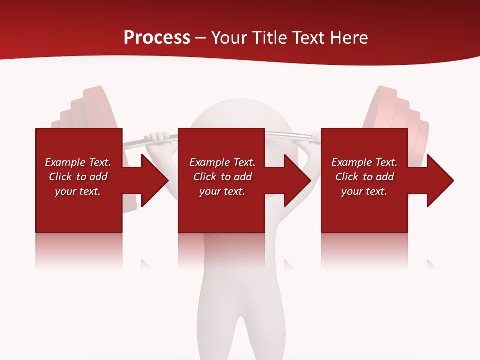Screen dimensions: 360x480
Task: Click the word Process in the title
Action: pyautogui.click(x=157, y=38)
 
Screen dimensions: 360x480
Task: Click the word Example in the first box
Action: pyautogui.click(x=65, y=162)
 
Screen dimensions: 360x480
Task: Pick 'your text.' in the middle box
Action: pyautogui.click(x=222, y=191)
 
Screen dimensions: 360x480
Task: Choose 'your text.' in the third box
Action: pyautogui.click(x=364, y=191)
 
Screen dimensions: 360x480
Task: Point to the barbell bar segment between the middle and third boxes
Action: pyautogui.click(x=290, y=134)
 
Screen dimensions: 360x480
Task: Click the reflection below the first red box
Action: pyautogui.click(x=79, y=250)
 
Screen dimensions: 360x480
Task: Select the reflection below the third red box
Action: pyautogui.click(x=364, y=250)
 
